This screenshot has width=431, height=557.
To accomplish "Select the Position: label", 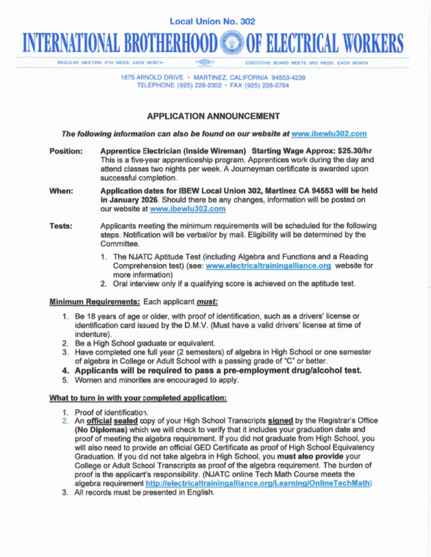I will click(x=67, y=151).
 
